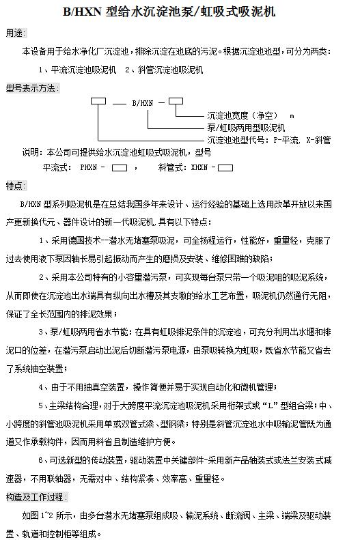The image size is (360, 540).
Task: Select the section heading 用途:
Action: pyautogui.click(x=15, y=32)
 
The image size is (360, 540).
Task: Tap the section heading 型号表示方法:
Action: pyautogui.click(x=33, y=88)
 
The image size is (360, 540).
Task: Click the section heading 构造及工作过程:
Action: pyautogui.click(x=37, y=496)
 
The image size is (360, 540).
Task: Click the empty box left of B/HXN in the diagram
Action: pyautogui.click(x=98, y=102)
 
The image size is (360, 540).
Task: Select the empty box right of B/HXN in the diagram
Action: pyautogui.click(x=176, y=102)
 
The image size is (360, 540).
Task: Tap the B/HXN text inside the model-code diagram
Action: pyautogui.click(x=142, y=104)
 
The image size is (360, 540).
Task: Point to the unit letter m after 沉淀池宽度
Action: pyautogui.click(x=292, y=116)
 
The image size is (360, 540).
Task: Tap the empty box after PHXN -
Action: pyautogui.click(x=120, y=167)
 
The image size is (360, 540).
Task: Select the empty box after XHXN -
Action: pyautogui.click(x=225, y=167)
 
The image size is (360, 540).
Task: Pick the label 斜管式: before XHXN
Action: pyautogui.click(x=171, y=167)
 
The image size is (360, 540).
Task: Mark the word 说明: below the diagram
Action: pyautogui.click(x=32, y=152)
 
